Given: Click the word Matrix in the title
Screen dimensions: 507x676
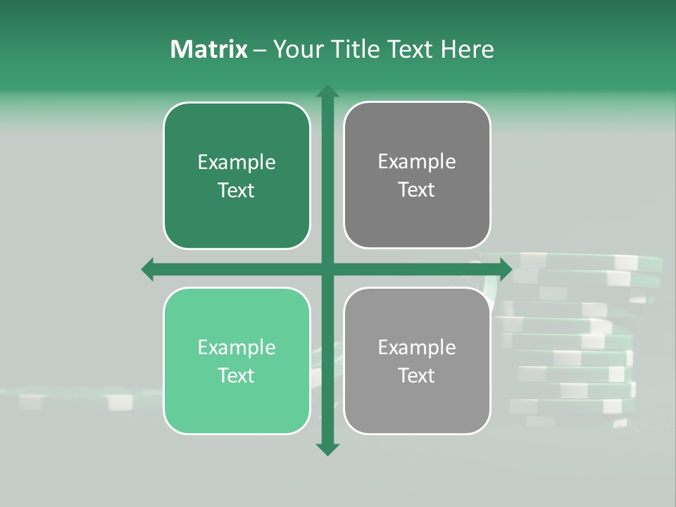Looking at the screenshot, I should tap(209, 49).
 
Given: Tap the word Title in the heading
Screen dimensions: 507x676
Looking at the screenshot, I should tap(356, 49).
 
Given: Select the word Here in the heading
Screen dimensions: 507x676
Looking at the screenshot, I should tap(467, 49).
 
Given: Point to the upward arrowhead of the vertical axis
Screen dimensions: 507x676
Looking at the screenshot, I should tap(327, 91).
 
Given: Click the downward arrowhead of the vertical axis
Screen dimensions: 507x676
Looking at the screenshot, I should tap(327, 449).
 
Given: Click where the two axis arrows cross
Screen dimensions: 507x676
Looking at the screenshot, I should tap(327, 269).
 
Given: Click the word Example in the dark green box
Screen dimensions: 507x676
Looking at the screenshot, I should tap(237, 163).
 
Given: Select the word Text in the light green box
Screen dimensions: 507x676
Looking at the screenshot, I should tap(237, 375).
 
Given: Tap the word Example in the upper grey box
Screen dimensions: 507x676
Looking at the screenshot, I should tap(417, 162).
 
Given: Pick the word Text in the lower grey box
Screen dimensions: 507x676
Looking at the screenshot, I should tap(417, 375).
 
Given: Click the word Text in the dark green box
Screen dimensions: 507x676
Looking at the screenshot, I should tap(237, 190).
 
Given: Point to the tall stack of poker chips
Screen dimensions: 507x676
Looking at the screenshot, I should tap(577, 338).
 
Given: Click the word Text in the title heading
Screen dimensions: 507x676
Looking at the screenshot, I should tap(408, 49).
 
